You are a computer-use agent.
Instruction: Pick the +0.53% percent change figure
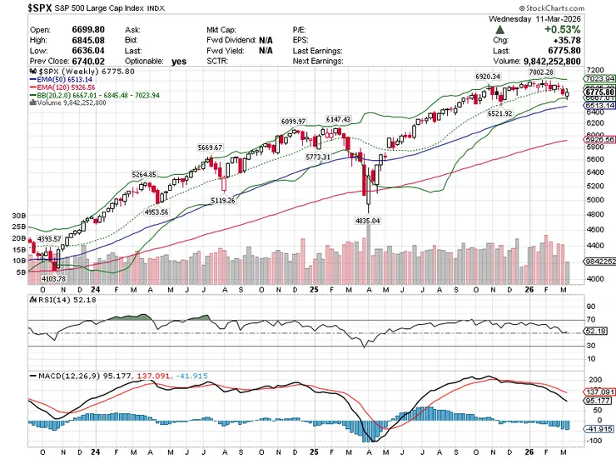589,29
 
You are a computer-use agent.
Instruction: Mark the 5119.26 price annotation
222,200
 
